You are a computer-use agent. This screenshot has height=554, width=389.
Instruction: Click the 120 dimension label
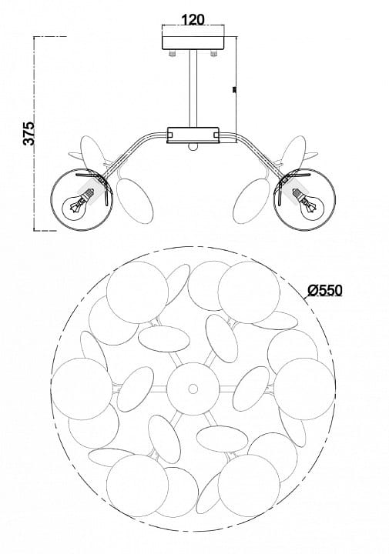193,19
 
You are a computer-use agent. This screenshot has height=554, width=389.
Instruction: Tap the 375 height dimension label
29,133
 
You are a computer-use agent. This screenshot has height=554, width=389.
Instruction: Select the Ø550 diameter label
325,290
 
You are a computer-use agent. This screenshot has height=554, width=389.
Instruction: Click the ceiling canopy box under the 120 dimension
193,43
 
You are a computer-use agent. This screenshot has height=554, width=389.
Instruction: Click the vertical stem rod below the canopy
193,88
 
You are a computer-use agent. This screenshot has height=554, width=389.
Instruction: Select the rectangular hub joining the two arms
193,135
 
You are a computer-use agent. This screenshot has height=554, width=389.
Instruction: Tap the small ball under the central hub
193,147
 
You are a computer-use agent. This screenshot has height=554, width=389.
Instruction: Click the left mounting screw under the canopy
173,53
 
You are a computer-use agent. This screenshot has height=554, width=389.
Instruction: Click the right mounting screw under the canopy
213,53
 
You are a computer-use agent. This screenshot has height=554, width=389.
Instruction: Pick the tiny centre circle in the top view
193,389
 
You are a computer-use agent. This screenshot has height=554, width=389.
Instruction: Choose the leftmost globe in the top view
82,389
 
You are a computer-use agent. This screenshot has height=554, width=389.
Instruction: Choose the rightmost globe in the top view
304,389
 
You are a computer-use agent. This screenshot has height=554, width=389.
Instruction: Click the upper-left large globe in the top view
137,292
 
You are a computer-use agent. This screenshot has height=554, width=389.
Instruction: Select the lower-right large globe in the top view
249,485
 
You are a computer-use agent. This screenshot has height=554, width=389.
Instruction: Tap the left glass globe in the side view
82,199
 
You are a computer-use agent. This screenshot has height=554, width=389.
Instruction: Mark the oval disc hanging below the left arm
135,202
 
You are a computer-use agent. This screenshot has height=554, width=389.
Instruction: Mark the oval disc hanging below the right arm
252,202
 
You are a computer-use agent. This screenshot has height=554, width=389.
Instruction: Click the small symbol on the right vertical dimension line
233,91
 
